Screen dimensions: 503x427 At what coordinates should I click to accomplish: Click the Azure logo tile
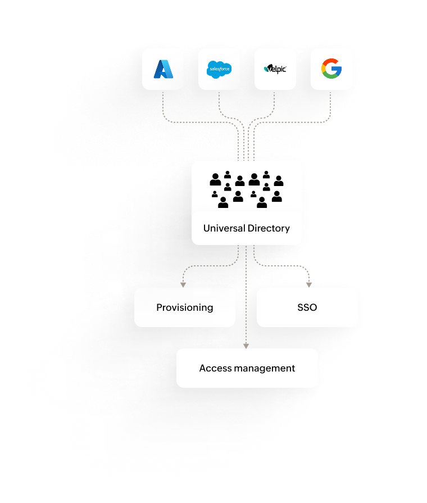click(x=163, y=69)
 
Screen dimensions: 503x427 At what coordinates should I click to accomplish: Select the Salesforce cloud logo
click(x=219, y=69)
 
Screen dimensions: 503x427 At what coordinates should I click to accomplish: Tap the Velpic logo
click(x=275, y=69)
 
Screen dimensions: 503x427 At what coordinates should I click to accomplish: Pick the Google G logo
click(x=331, y=69)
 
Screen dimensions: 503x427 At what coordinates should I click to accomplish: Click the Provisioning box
click(x=184, y=307)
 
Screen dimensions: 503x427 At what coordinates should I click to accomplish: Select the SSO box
click(x=307, y=307)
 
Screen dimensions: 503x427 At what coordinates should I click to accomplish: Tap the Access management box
click(x=247, y=368)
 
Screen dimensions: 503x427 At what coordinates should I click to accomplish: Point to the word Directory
click(x=269, y=228)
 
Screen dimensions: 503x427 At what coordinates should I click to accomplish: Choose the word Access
click(x=211, y=368)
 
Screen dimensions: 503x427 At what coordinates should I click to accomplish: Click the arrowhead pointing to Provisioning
click(x=183, y=284)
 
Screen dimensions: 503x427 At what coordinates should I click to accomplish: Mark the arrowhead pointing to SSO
click(x=308, y=284)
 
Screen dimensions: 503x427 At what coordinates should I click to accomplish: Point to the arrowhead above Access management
click(x=247, y=345)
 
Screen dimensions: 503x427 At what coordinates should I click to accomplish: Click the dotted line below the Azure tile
click(x=163, y=107)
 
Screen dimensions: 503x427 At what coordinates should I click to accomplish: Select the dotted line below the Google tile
click(x=330, y=107)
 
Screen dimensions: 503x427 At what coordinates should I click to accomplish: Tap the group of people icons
click(x=247, y=190)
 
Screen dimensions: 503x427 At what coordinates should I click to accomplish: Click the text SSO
click(x=307, y=307)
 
